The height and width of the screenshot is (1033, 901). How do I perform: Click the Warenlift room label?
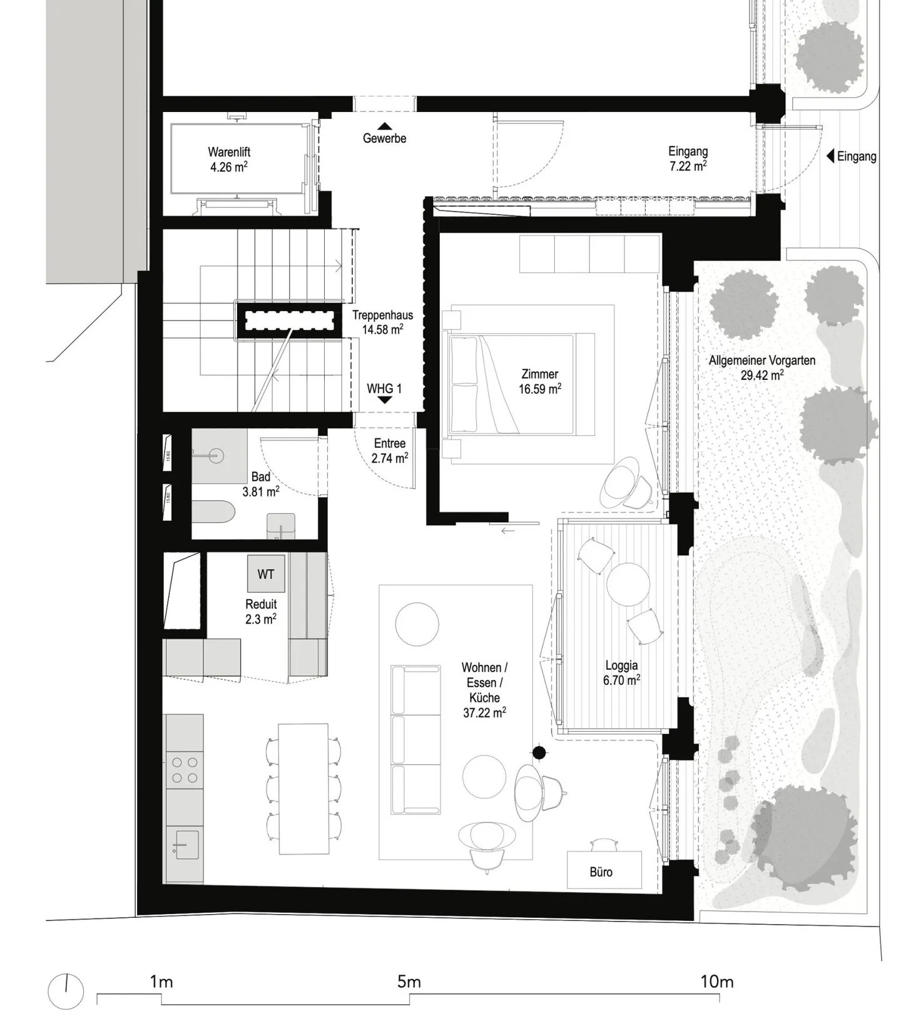(228, 159)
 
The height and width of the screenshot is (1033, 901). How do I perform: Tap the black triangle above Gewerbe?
(384, 126)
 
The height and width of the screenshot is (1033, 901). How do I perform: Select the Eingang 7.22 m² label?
(687, 158)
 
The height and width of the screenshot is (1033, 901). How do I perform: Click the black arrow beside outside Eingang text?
(831, 156)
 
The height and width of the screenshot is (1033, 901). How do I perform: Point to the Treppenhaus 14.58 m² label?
(382, 322)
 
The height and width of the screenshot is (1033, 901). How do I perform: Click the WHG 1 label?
(384, 388)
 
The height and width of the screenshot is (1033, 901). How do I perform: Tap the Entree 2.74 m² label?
(389, 451)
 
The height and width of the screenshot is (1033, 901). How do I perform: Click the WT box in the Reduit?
(266, 573)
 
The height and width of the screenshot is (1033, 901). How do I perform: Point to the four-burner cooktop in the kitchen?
(185, 769)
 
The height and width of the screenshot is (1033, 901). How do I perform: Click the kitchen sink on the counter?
(184, 845)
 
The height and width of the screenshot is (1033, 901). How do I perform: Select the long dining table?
(303, 788)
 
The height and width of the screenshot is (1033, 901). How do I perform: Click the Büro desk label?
(601, 871)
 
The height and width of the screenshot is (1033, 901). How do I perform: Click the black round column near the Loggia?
(539, 753)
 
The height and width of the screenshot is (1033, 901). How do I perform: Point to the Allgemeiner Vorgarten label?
(761, 367)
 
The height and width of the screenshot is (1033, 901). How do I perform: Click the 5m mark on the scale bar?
(409, 982)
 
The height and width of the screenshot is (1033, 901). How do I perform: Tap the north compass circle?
(66, 992)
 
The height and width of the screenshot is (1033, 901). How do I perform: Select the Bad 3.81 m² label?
(260, 484)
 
